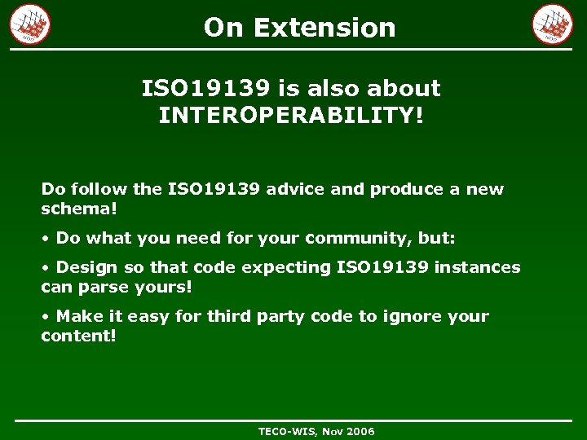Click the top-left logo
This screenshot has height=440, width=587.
pos(30,24)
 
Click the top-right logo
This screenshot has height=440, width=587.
pos(553,24)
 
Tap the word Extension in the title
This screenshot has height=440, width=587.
pos(324,28)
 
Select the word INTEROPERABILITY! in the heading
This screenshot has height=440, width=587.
pos(291,115)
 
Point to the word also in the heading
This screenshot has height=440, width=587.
pos(338,88)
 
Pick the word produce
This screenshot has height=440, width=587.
pos(404,189)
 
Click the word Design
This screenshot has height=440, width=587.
pos(88,267)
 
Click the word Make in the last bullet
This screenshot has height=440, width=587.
pos(76,316)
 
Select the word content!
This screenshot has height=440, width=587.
pos(79,336)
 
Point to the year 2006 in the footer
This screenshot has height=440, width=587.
pos(360,431)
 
